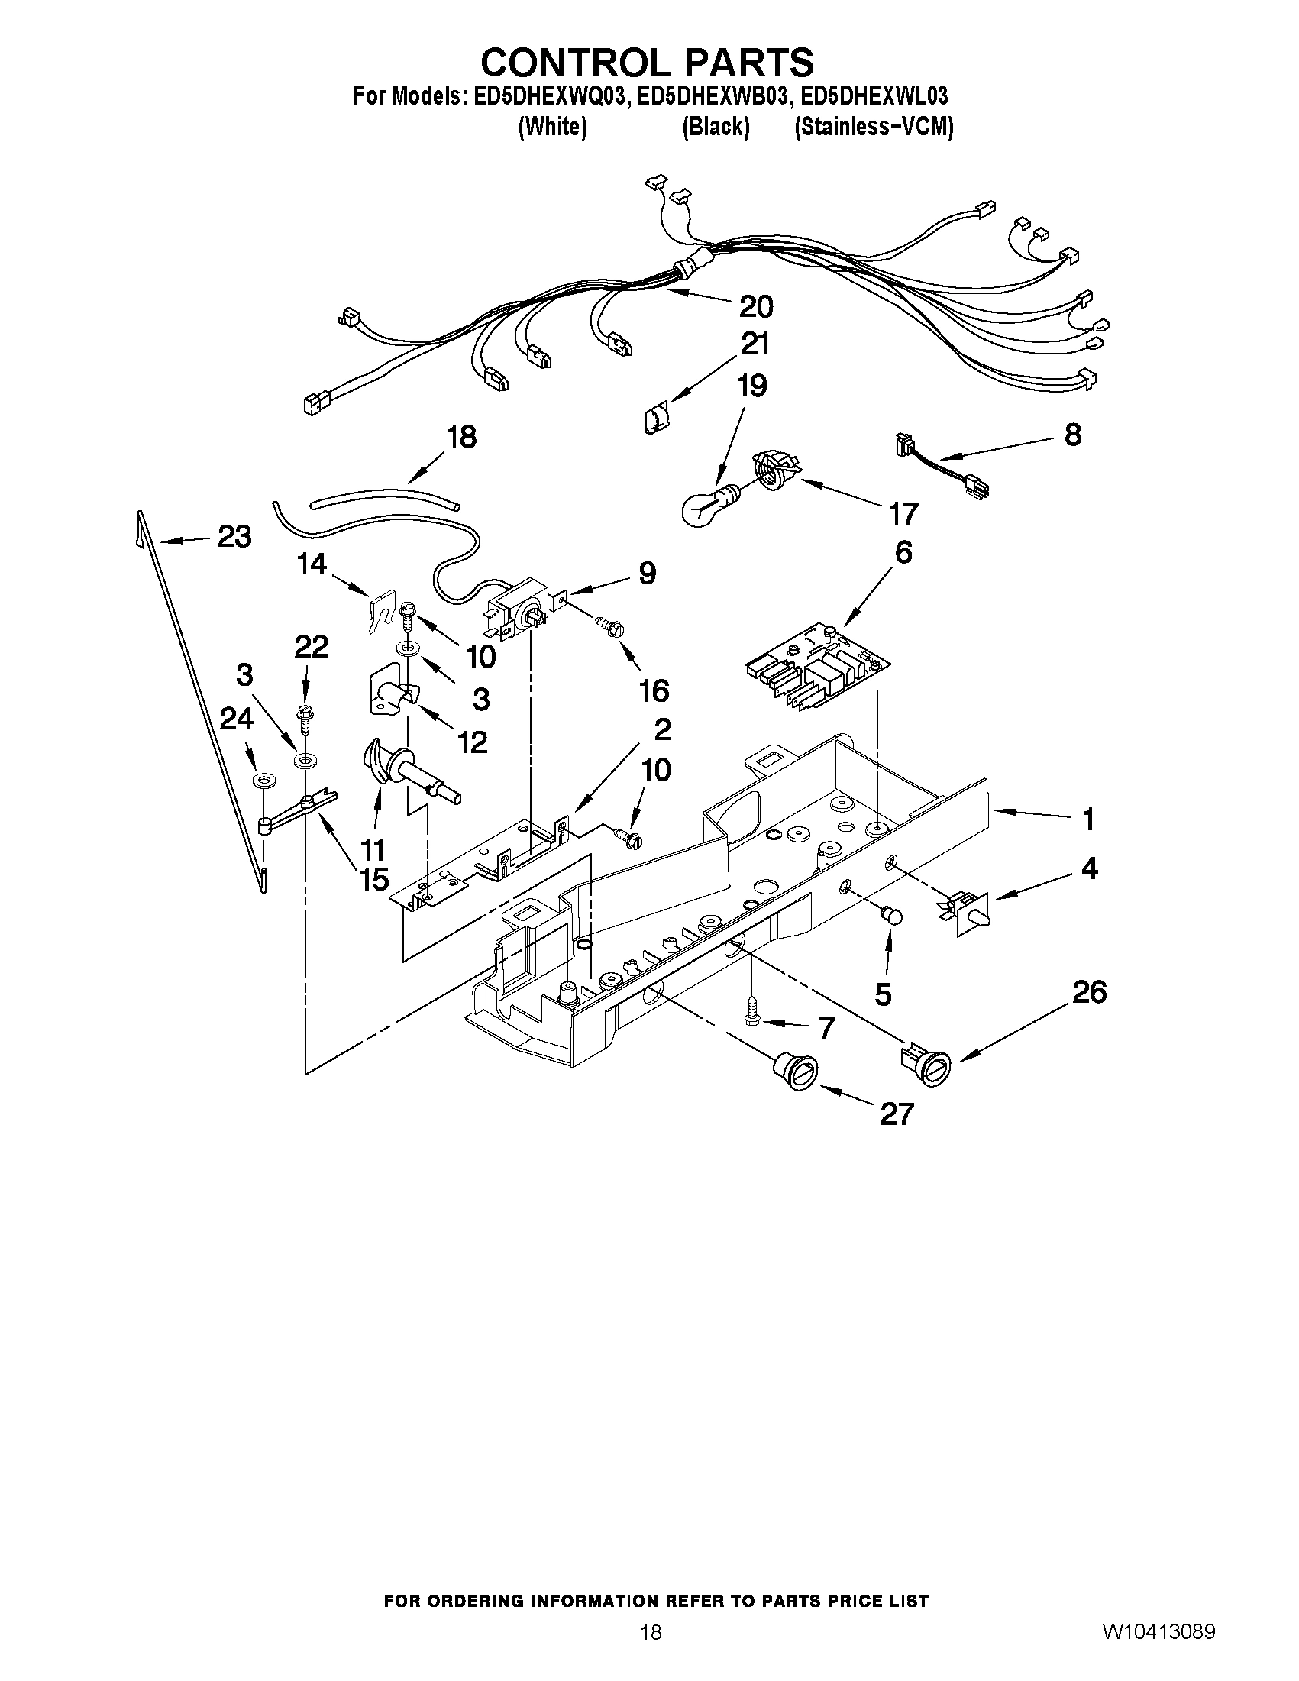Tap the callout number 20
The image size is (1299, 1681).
click(x=755, y=306)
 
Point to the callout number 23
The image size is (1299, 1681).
click(x=234, y=536)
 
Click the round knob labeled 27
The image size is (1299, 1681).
click(x=793, y=1071)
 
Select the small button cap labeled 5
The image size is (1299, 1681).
click(x=892, y=915)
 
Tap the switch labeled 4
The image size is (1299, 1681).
click(x=966, y=912)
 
